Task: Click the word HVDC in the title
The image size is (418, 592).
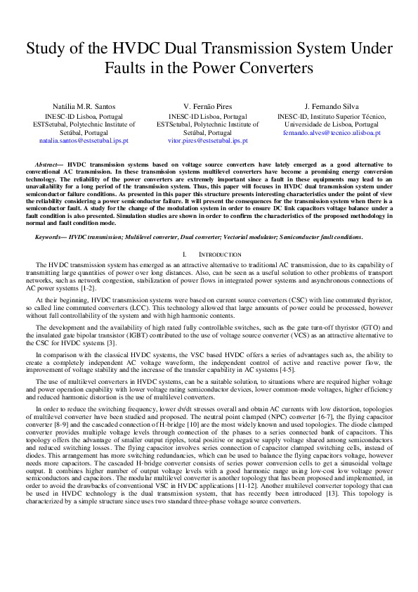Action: point(148,49)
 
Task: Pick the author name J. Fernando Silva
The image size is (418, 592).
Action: point(330,106)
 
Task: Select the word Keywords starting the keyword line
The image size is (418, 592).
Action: point(50,237)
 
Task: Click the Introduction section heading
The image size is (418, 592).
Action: point(219,254)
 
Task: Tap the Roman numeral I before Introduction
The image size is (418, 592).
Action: point(184,254)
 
